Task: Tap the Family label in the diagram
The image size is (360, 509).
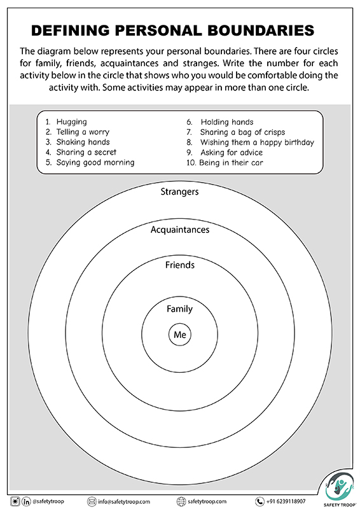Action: [x=179, y=309]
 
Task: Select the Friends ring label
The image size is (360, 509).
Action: [x=180, y=265]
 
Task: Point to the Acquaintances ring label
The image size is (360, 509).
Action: [x=180, y=230]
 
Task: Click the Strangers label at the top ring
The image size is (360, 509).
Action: [x=179, y=192]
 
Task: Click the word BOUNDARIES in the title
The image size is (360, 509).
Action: [x=261, y=30]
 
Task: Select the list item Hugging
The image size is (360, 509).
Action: [x=71, y=122]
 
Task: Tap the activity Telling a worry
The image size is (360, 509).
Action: [x=83, y=132]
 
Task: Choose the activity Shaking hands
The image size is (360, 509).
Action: [x=83, y=142]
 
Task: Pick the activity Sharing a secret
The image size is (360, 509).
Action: [x=86, y=152]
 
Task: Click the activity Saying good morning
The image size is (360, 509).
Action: [x=95, y=163]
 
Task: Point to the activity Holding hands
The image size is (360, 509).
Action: [x=227, y=122]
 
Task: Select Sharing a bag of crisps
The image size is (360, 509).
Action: [x=242, y=132]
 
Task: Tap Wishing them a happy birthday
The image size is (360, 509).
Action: [x=257, y=143]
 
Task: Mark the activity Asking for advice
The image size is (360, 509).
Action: [x=232, y=153]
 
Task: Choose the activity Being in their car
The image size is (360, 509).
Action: [x=231, y=163]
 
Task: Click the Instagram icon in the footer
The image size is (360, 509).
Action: [x=15, y=501]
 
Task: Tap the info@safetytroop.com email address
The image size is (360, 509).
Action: [x=124, y=501]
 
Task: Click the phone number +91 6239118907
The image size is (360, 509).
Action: [x=286, y=501]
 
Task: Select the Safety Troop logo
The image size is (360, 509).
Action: [x=340, y=491]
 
